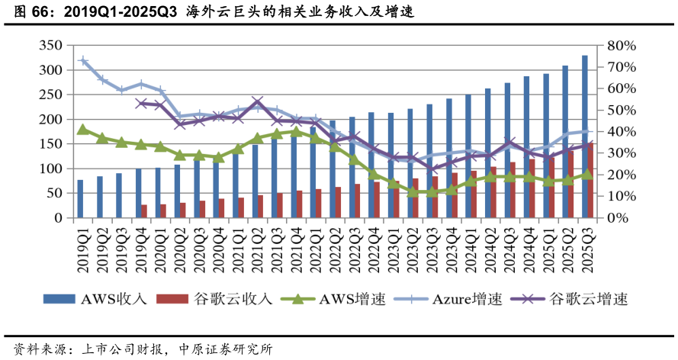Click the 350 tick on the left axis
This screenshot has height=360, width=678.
(51, 46)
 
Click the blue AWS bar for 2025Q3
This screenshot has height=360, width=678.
(585, 137)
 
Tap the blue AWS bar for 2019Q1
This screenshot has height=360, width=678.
(80, 199)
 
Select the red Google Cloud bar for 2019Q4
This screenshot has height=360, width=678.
(144, 211)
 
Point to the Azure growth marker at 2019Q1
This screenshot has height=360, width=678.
(83, 61)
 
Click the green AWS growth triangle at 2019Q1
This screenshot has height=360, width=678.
(83, 130)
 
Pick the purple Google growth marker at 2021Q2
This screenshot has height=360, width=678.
(257, 101)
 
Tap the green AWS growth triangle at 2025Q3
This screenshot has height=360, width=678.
(587, 175)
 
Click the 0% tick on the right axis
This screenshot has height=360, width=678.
(617, 218)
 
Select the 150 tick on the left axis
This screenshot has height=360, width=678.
(51, 144)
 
